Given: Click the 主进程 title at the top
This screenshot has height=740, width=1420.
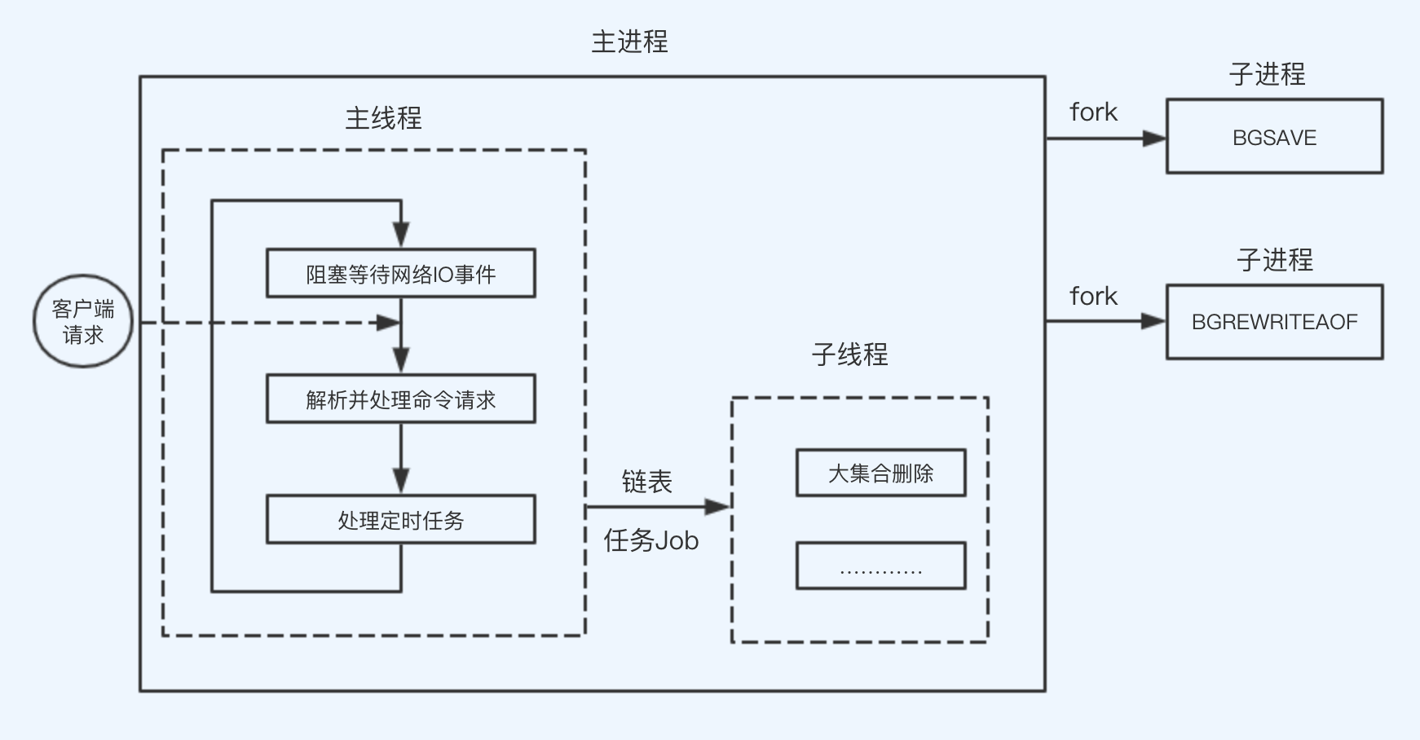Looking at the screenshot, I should point(629,42).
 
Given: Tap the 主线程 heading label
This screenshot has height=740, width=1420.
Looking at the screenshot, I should point(383,119).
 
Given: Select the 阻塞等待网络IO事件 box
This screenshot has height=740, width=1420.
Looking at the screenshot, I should point(400,273).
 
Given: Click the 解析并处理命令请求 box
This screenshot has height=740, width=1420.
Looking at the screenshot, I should point(400,399).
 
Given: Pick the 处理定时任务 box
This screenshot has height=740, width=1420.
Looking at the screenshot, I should point(400,519).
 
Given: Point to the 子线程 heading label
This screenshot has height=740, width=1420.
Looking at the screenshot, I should point(849,355).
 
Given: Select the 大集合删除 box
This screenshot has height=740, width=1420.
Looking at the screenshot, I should point(880,473).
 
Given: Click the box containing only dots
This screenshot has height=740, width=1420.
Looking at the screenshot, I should point(880,566).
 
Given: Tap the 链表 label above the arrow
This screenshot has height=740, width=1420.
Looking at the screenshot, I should point(646,482).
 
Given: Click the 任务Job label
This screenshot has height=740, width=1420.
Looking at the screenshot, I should point(650,540).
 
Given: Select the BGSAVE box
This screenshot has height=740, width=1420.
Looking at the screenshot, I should point(1274,136).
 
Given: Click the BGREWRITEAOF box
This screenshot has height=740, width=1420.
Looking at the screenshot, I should point(1274,321).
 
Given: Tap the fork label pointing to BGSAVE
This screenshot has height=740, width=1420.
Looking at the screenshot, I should point(1093,112).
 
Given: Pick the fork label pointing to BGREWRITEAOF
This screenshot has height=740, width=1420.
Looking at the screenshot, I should point(1093,296).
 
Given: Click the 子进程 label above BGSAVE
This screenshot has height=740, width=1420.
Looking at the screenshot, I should point(1267,74).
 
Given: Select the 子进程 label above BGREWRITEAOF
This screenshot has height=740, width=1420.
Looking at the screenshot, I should point(1274,260).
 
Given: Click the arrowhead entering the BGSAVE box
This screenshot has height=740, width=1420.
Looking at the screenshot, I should point(1154,139).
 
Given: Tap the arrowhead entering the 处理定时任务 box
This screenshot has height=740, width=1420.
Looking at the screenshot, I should point(400,480).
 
